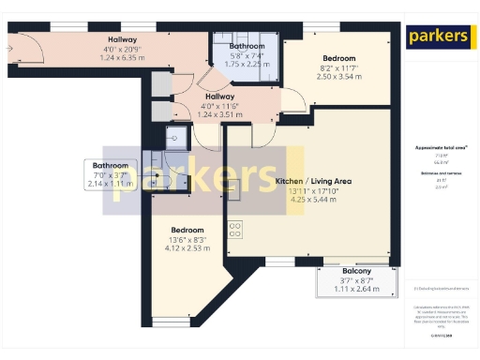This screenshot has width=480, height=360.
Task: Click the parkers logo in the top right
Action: (438, 37)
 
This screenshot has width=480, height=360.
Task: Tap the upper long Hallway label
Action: (123, 39)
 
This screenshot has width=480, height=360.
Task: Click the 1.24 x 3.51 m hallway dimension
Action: (219, 114)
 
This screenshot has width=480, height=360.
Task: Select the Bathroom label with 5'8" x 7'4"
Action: (247, 46)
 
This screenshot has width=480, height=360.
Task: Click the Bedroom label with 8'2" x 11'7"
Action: (338, 59)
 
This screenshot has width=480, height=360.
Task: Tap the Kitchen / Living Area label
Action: (313, 181)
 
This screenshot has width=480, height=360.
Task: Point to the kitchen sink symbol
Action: (173, 137)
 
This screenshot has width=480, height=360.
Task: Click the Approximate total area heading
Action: (434, 148)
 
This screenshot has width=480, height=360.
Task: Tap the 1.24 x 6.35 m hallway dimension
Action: (123, 57)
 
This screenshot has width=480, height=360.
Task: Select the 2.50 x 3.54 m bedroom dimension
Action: (338, 77)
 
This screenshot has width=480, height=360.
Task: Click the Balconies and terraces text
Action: (434, 175)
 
